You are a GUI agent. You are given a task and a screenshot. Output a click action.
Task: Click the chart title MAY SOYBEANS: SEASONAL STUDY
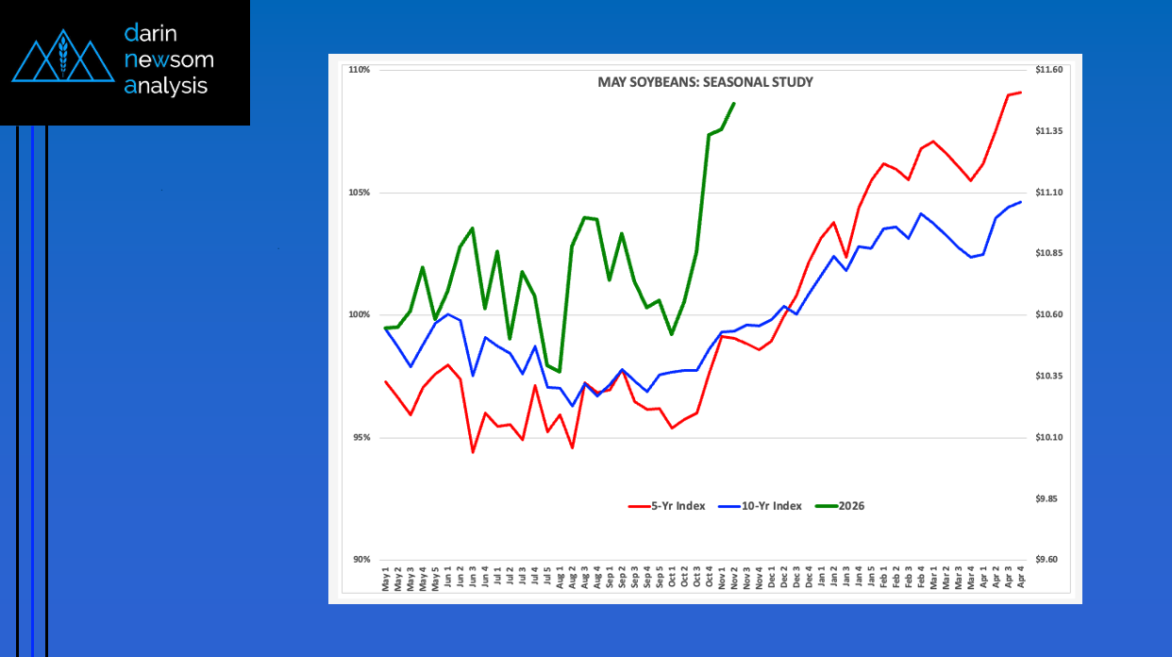click(705, 82)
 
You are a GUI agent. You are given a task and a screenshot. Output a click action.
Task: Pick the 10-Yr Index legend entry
click(760, 506)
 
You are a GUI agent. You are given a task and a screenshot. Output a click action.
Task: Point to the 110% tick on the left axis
click(359, 70)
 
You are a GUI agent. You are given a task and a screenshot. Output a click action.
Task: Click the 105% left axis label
click(359, 193)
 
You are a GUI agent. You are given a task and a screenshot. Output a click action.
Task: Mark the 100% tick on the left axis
click(359, 315)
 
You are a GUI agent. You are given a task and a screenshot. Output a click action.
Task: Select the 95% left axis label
click(360, 438)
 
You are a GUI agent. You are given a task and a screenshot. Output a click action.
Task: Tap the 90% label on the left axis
click(360, 560)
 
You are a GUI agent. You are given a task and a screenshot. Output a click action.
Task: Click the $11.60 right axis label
click(1048, 70)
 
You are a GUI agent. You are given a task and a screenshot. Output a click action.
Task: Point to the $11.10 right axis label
click(1048, 193)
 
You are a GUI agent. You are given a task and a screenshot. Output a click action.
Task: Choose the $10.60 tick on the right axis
click(1048, 315)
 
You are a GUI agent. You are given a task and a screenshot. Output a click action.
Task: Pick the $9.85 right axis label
click(1047, 498)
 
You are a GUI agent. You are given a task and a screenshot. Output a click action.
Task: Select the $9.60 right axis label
click(1047, 560)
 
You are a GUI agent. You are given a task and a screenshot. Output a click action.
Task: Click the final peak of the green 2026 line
click(734, 104)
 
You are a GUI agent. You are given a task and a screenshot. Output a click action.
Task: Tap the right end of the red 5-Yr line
click(1021, 92)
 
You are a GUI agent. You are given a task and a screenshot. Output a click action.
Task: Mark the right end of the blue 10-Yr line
click(1021, 202)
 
